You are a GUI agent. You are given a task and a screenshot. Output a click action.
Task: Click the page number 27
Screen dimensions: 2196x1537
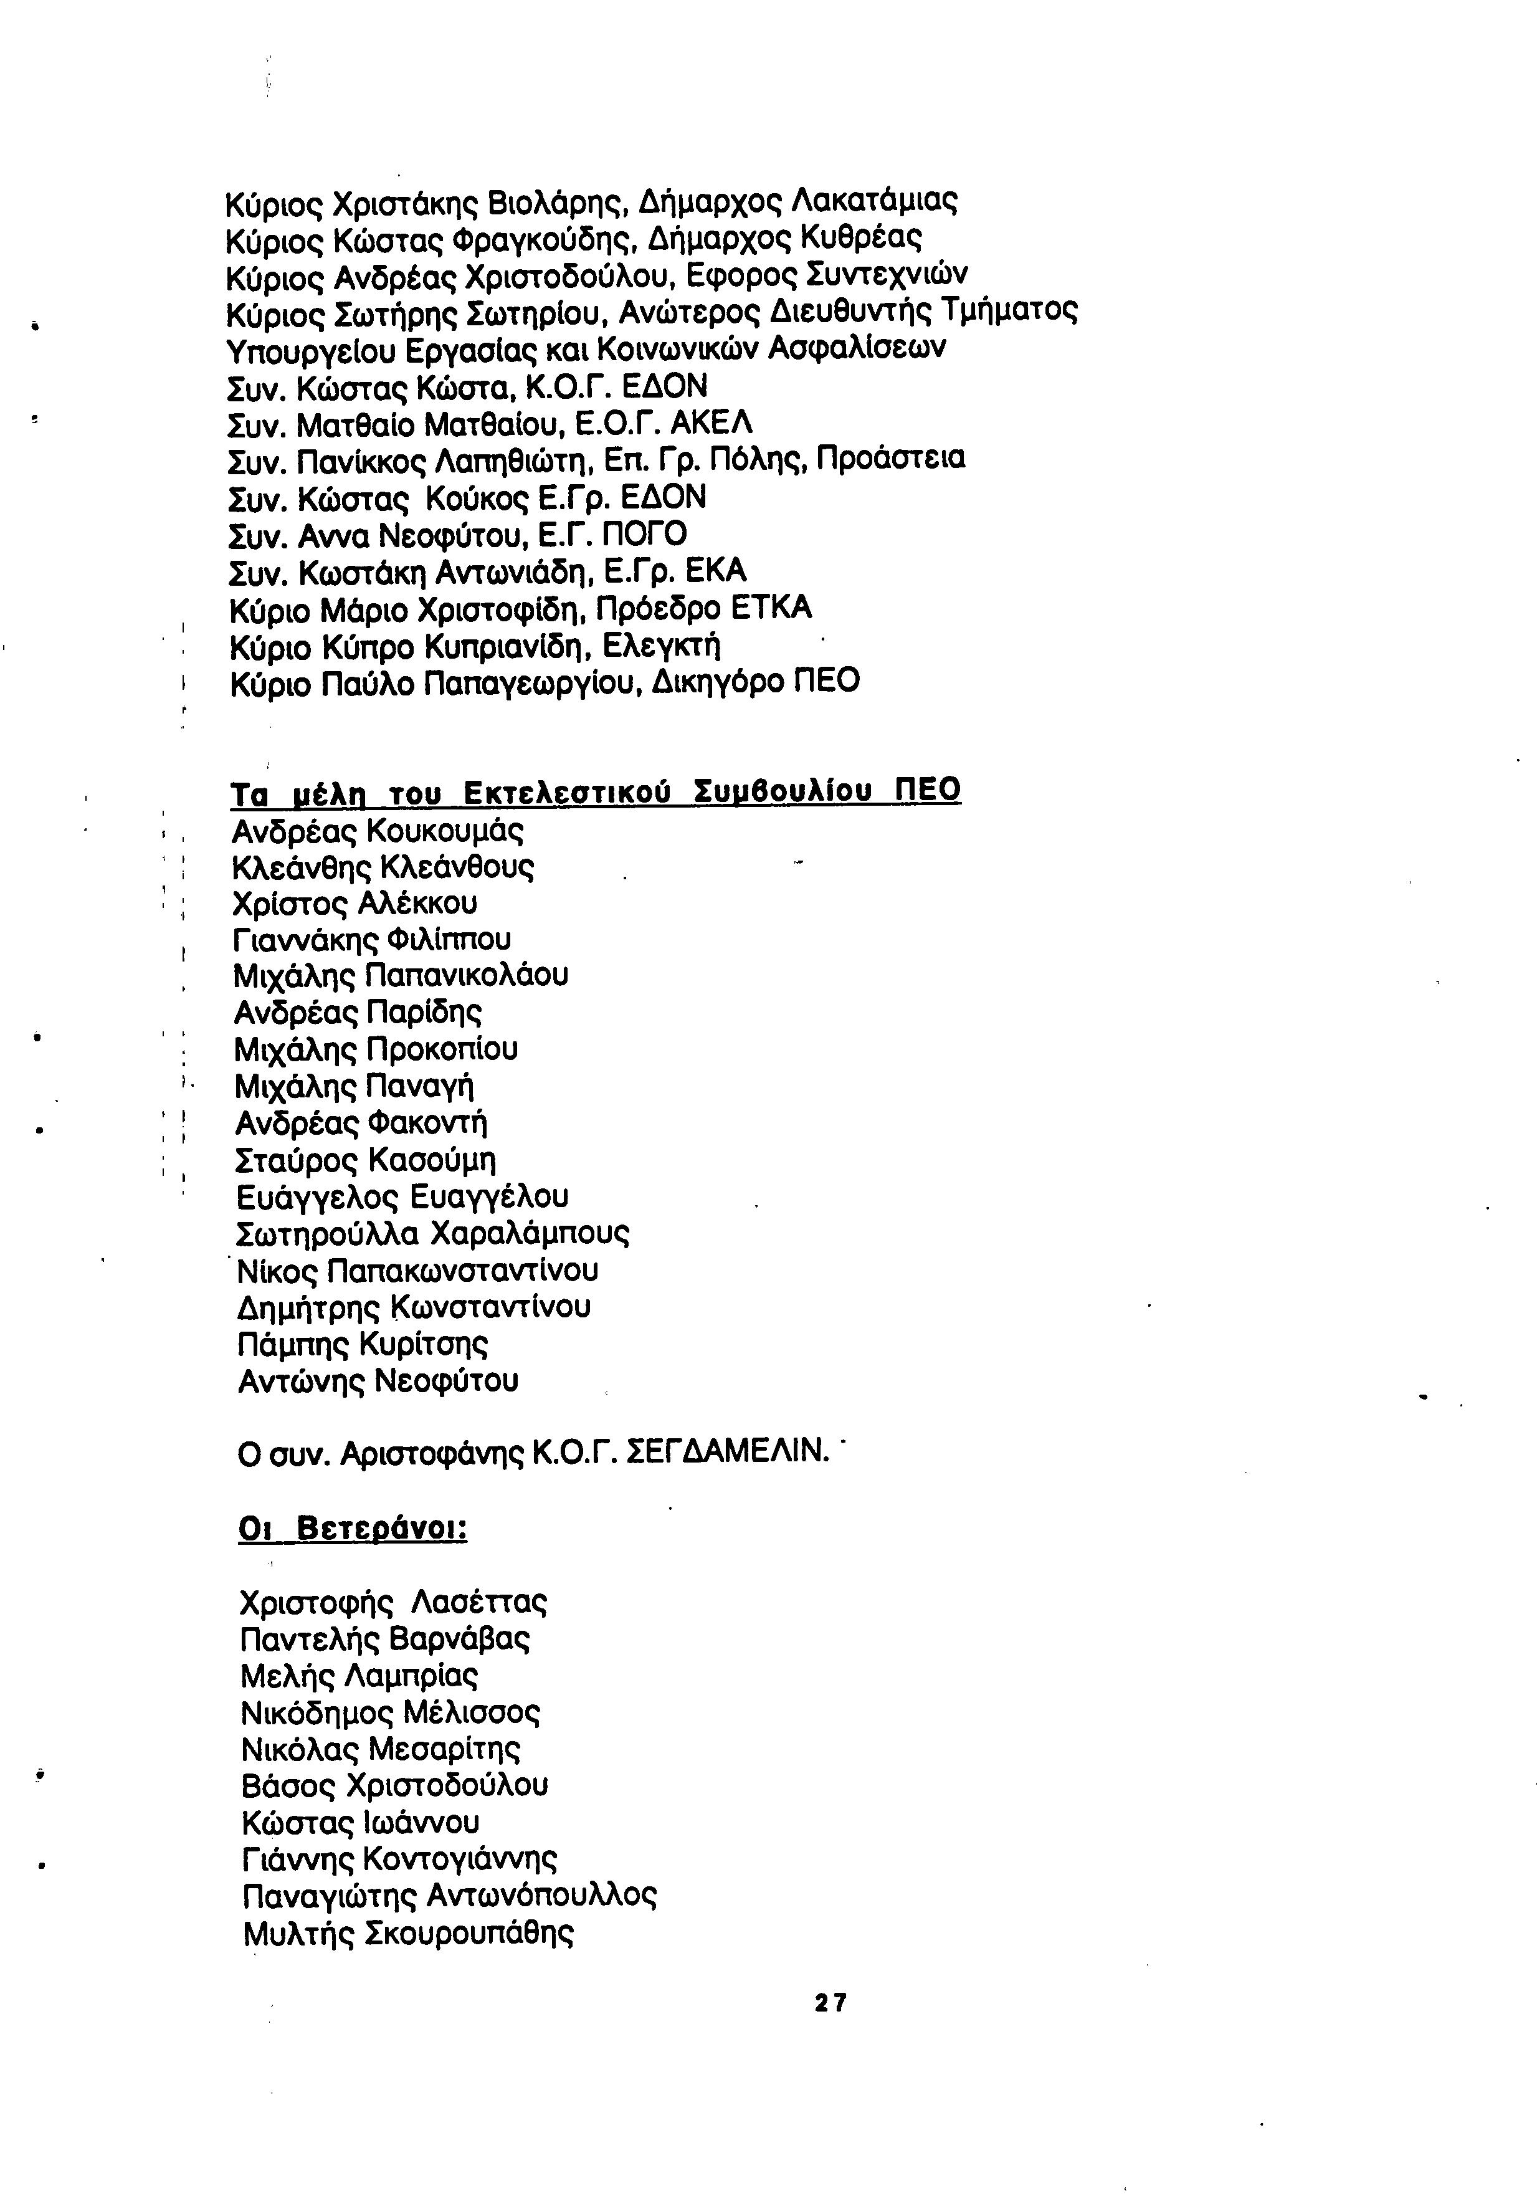[830, 2002]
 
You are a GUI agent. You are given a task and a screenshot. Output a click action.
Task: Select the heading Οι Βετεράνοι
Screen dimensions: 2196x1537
[352, 1527]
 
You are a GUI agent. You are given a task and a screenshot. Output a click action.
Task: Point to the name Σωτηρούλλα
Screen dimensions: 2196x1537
[328, 1234]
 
